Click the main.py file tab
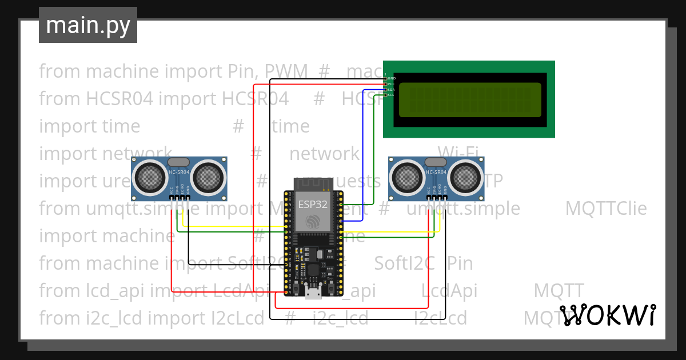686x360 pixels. click(x=88, y=25)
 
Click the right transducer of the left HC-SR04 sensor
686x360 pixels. click(x=208, y=177)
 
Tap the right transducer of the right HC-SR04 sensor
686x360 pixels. click(x=465, y=177)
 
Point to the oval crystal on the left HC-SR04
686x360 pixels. click(x=179, y=163)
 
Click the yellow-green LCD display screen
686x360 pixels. click(x=469, y=99)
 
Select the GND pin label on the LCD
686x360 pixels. click(x=392, y=78)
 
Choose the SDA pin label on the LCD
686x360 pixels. click(x=392, y=90)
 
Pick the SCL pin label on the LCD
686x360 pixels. click(x=392, y=95)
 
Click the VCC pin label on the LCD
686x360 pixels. click(x=392, y=84)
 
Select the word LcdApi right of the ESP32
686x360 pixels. click(x=449, y=290)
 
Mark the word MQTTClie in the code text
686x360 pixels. click(x=606, y=209)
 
